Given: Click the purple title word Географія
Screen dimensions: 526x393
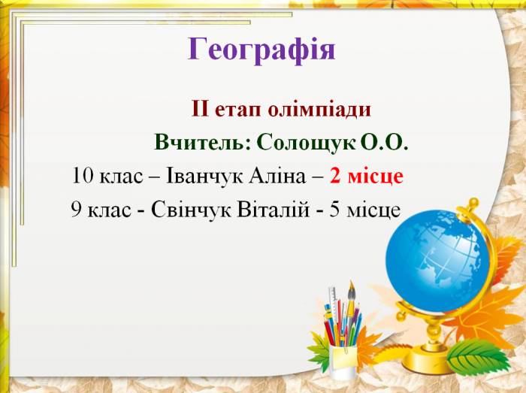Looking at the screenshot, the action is tap(261, 50).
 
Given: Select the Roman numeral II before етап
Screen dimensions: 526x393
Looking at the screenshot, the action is tap(201, 109).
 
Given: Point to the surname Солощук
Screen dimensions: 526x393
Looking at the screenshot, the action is tap(307, 143).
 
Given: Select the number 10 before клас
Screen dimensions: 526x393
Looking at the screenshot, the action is tap(83, 176).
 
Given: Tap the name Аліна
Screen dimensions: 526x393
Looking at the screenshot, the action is tap(277, 176).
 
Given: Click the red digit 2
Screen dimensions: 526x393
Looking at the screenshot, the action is tap(335, 176).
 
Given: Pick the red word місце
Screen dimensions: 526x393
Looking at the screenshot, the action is tap(376, 177).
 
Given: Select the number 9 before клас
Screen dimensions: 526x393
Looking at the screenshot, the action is tap(76, 210).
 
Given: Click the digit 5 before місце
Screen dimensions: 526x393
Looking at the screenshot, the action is tap(334, 210).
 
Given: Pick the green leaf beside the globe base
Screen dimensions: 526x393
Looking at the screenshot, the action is tap(479, 356).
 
